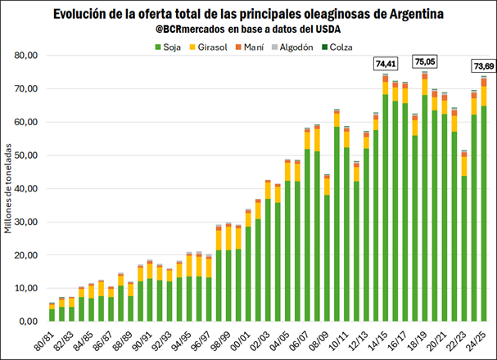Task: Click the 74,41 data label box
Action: coord(385,63)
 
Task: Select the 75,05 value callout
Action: coord(425,61)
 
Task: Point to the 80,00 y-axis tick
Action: coord(27,56)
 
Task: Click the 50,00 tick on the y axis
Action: coord(27,155)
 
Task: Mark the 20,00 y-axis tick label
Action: coord(27,255)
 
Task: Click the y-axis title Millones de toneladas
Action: coord(8,189)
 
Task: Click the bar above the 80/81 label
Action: coord(52,314)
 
